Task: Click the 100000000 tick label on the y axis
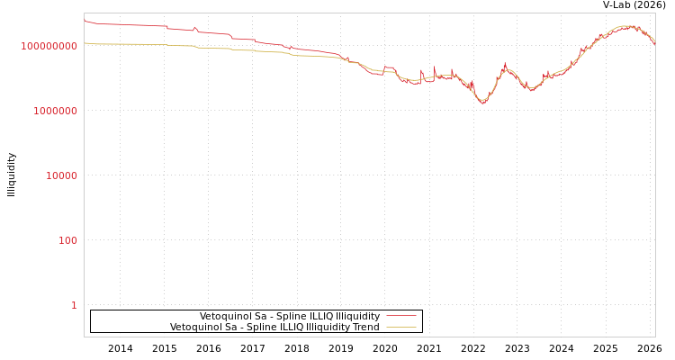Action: coord(49,46)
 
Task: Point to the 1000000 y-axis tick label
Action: coord(55,111)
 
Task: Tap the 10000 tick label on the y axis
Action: coord(61,175)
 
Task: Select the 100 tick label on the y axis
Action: coord(67,240)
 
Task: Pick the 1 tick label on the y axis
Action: coord(74,305)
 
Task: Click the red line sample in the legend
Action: coord(401,317)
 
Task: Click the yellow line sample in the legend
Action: coord(401,328)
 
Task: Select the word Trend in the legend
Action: coord(365,328)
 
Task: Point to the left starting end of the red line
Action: coord(85,20)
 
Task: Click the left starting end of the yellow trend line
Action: coord(85,42)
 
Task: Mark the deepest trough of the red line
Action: coord(483,103)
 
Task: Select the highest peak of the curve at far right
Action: coord(627,26)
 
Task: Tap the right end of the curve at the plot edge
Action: coord(654,43)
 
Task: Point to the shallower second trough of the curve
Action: coord(531,89)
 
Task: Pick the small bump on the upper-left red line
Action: coord(194,28)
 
